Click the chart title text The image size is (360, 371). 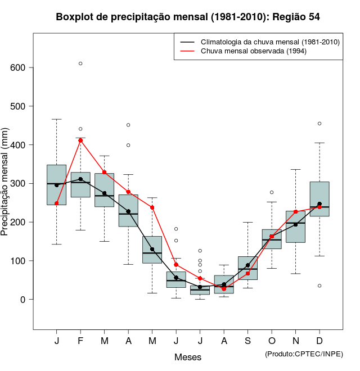(188, 17)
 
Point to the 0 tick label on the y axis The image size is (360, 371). (24, 300)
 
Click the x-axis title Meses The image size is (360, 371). (188, 357)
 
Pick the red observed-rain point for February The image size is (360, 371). (80, 140)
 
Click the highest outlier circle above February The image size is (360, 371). (80, 64)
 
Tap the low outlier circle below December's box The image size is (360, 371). (319, 286)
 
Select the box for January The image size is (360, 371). (56, 185)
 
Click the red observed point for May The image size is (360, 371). (152, 207)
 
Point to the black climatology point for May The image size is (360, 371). (152, 249)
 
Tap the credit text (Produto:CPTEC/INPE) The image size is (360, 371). (304, 354)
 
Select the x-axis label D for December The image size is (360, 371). (319, 341)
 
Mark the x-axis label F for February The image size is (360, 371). (80, 341)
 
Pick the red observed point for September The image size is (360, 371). (247, 273)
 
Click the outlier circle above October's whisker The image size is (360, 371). (272, 192)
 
